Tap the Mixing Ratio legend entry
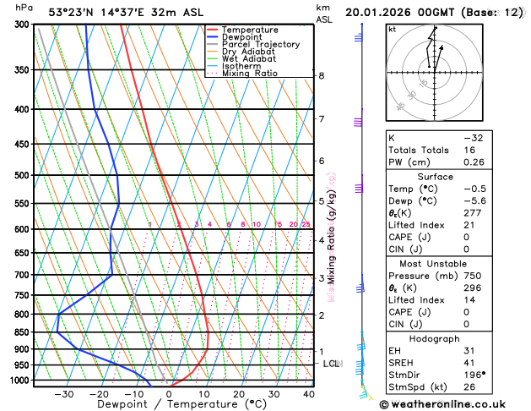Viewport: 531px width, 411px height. (250, 74)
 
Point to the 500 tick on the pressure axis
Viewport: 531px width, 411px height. (23, 175)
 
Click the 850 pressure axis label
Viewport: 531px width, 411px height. (23, 332)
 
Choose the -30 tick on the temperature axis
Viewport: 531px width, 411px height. (64, 394)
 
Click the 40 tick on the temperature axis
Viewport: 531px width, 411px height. (309, 394)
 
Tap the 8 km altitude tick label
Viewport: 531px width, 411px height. (322, 75)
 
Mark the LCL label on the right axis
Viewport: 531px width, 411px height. (331, 364)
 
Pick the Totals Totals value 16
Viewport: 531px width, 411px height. (469, 150)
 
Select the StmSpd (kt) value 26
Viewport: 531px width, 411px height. (469, 387)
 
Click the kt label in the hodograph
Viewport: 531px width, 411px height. (392, 30)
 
